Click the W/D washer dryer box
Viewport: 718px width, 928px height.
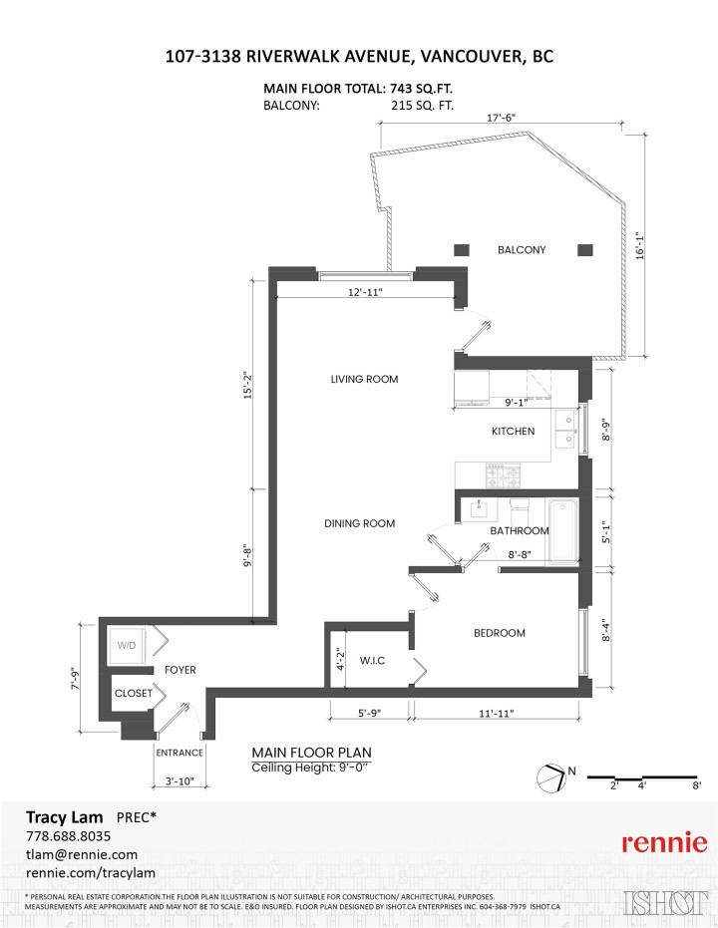[129, 645]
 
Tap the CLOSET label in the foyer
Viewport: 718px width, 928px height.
[133, 693]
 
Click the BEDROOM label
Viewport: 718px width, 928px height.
[499, 633]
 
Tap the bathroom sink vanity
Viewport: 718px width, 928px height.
[479, 508]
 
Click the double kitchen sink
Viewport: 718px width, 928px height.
[565, 430]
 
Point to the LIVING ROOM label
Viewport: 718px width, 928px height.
[364, 379]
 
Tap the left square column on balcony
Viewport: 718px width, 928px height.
[463, 249]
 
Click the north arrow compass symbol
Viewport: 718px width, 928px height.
[550, 775]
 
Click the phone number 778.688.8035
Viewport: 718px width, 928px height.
[68, 835]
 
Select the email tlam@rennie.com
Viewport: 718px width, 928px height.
[81, 854]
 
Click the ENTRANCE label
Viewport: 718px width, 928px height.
[179, 753]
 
